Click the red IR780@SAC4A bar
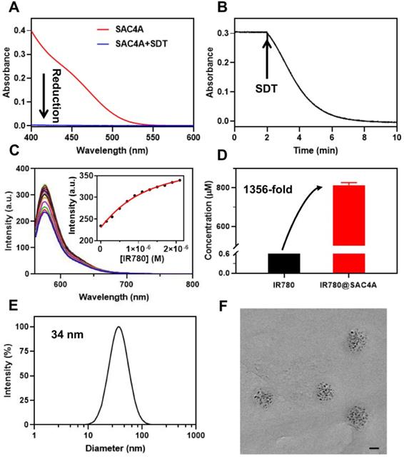[345, 214]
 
